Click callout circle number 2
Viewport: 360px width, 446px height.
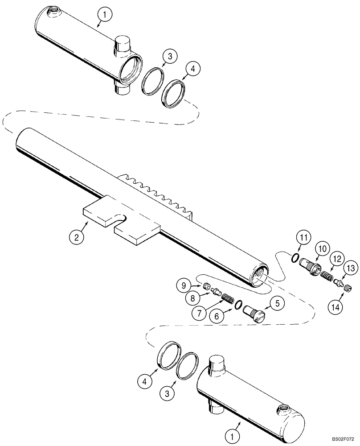click(76, 237)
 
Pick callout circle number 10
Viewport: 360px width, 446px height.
click(322, 248)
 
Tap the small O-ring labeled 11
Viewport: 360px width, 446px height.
click(293, 258)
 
